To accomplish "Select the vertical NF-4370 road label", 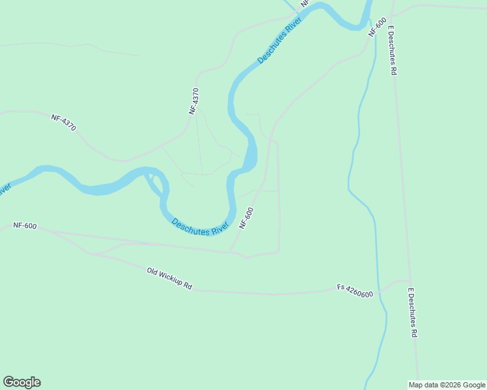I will point(193,101).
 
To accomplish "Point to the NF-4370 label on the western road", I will point(64,122).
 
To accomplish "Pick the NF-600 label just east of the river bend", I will point(246,218).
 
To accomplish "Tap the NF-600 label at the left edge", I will point(25,226).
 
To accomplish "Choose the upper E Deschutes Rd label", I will point(393,51).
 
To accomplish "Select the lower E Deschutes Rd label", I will point(412,313).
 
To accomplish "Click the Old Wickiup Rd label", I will point(170,278).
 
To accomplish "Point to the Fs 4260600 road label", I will point(355,290).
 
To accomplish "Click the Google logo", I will point(21,382).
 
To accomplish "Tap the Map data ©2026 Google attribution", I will point(447,385).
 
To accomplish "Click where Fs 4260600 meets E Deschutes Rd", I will point(411,281).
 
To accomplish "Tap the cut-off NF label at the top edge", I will point(303,4).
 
